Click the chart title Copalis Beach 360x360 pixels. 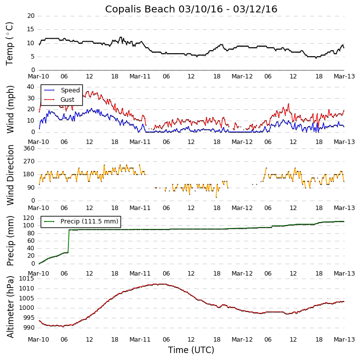pos(191,9)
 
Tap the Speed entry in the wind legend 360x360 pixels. pos(70,90)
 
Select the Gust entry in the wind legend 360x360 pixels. pos(67,100)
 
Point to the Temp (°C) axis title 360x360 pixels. pos(10,43)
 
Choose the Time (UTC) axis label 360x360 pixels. pos(191,350)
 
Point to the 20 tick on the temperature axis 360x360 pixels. pos(31,16)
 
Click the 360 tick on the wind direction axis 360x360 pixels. pos(29,148)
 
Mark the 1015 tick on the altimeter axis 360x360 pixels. pos(27,279)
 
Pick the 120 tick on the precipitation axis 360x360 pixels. pos(29,218)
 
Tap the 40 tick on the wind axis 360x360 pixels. pos(31,86)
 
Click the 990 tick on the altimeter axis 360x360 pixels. pos(29,328)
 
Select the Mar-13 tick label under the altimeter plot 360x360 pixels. pos(344,339)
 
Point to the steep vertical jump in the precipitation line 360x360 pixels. pos(68,241)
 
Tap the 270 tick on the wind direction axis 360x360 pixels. pos(29,161)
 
